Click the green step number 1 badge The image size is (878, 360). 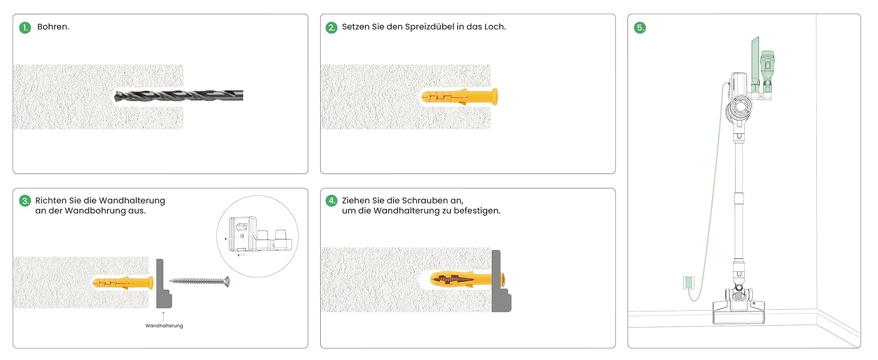(25, 28)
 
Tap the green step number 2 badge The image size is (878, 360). (332, 28)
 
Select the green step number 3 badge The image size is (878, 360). (25, 201)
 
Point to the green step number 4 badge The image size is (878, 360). (332, 201)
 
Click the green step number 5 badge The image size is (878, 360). (640, 28)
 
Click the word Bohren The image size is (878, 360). (53, 26)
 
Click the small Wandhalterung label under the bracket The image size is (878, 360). (164, 325)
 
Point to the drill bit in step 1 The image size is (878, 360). (179, 95)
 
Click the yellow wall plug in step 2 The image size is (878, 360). (459, 97)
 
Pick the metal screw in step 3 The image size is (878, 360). (200, 281)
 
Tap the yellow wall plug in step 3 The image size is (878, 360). (123, 283)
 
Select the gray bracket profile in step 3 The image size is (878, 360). (160, 284)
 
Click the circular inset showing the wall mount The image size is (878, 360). (257, 236)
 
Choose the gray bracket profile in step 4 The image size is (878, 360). (497, 281)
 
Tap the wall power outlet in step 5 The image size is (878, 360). (688, 283)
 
